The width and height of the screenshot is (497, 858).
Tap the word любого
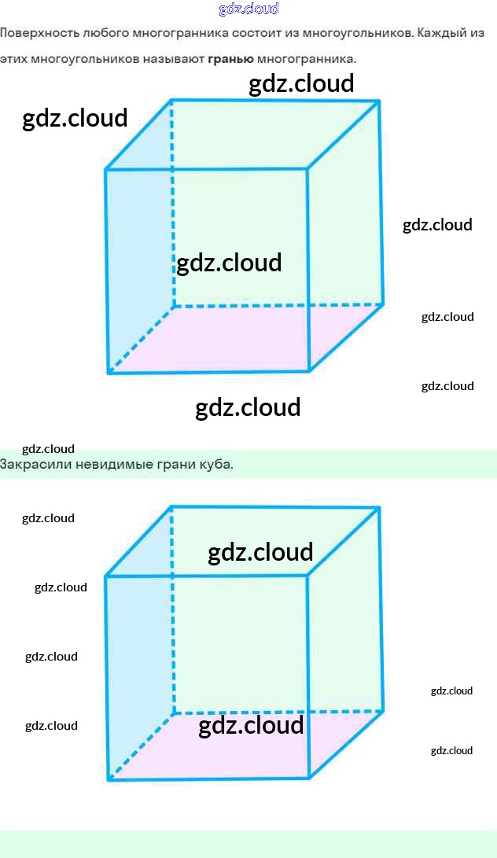pyautogui.click(x=106, y=35)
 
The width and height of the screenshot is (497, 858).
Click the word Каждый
pyautogui.click(x=448, y=35)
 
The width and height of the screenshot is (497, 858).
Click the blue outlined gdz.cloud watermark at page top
pyautogui.click(x=248, y=9)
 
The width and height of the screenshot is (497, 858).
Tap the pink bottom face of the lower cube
pyautogui.click(x=236, y=751)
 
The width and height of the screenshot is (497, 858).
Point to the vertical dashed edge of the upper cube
pyautogui.click(x=172, y=204)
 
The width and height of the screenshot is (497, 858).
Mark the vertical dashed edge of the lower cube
pyautogui.click(x=172, y=613)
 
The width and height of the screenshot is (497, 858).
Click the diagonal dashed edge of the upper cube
pyautogui.click(x=140, y=339)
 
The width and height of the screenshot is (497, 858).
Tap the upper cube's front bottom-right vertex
pyautogui.click(x=309, y=370)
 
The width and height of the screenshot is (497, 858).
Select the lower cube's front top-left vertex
pyautogui.click(x=106, y=576)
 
